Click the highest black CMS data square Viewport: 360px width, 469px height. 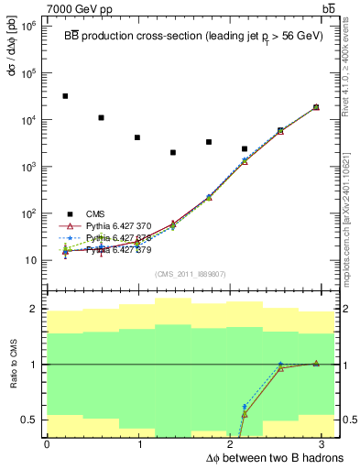point(65,96)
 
